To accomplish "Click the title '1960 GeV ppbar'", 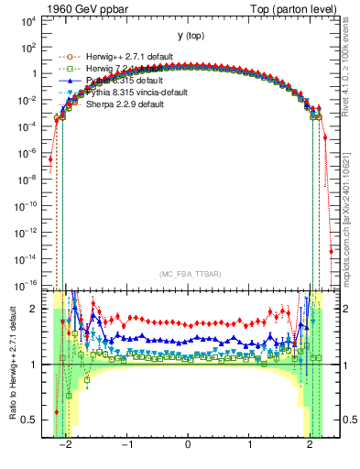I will point(84,8).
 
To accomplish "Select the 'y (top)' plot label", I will point(187,36).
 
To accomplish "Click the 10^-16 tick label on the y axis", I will point(28,287).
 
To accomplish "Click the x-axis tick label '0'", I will point(188,446).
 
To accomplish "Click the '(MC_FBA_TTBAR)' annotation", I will point(187,273).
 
